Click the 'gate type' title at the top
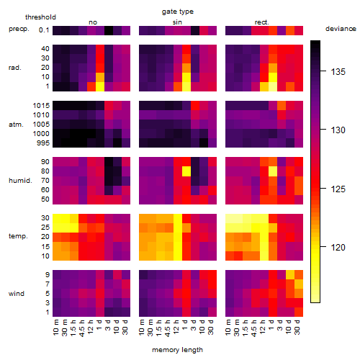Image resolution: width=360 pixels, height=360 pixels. point(178,12)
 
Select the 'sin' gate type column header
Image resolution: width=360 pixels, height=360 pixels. point(177,22)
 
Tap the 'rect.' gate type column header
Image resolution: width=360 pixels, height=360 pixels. point(261,22)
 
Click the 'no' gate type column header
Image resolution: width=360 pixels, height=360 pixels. point(93,22)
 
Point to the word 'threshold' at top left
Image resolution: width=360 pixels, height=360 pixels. point(40,17)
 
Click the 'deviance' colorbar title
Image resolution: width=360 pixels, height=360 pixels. point(341,29)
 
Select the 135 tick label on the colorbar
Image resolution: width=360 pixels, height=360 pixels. point(338,71)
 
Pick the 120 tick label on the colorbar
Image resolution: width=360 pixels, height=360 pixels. point(338,247)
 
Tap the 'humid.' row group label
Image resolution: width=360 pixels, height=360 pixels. point(20,181)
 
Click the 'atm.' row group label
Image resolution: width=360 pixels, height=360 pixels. point(16,125)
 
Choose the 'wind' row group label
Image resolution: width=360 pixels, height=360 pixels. point(17,294)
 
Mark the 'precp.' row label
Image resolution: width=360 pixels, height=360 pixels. point(19,29)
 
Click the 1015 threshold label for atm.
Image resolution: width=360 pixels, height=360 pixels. point(41,106)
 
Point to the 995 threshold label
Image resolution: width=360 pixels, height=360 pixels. point(43,143)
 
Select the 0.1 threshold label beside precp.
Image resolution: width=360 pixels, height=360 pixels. point(44,30)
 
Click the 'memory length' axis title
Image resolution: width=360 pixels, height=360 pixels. point(177,350)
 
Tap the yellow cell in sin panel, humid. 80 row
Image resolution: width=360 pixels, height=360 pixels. point(186,171)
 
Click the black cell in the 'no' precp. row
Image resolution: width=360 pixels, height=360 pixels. point(109,30)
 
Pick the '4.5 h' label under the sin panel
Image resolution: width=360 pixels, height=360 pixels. point(168,328)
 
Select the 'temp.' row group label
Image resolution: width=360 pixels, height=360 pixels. point(18,236)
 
